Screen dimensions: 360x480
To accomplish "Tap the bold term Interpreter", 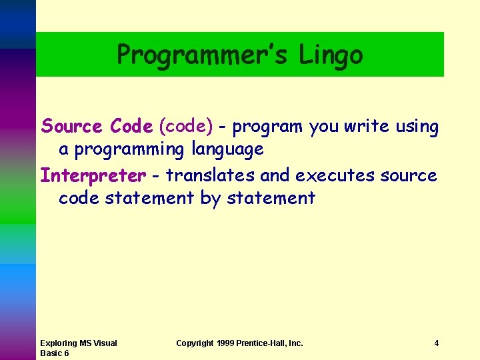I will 93,175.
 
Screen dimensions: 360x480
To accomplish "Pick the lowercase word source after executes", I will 409,175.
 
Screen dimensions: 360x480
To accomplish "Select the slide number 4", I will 436,343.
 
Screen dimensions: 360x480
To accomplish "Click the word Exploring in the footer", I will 59,343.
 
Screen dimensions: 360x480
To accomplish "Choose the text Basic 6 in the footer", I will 55,353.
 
